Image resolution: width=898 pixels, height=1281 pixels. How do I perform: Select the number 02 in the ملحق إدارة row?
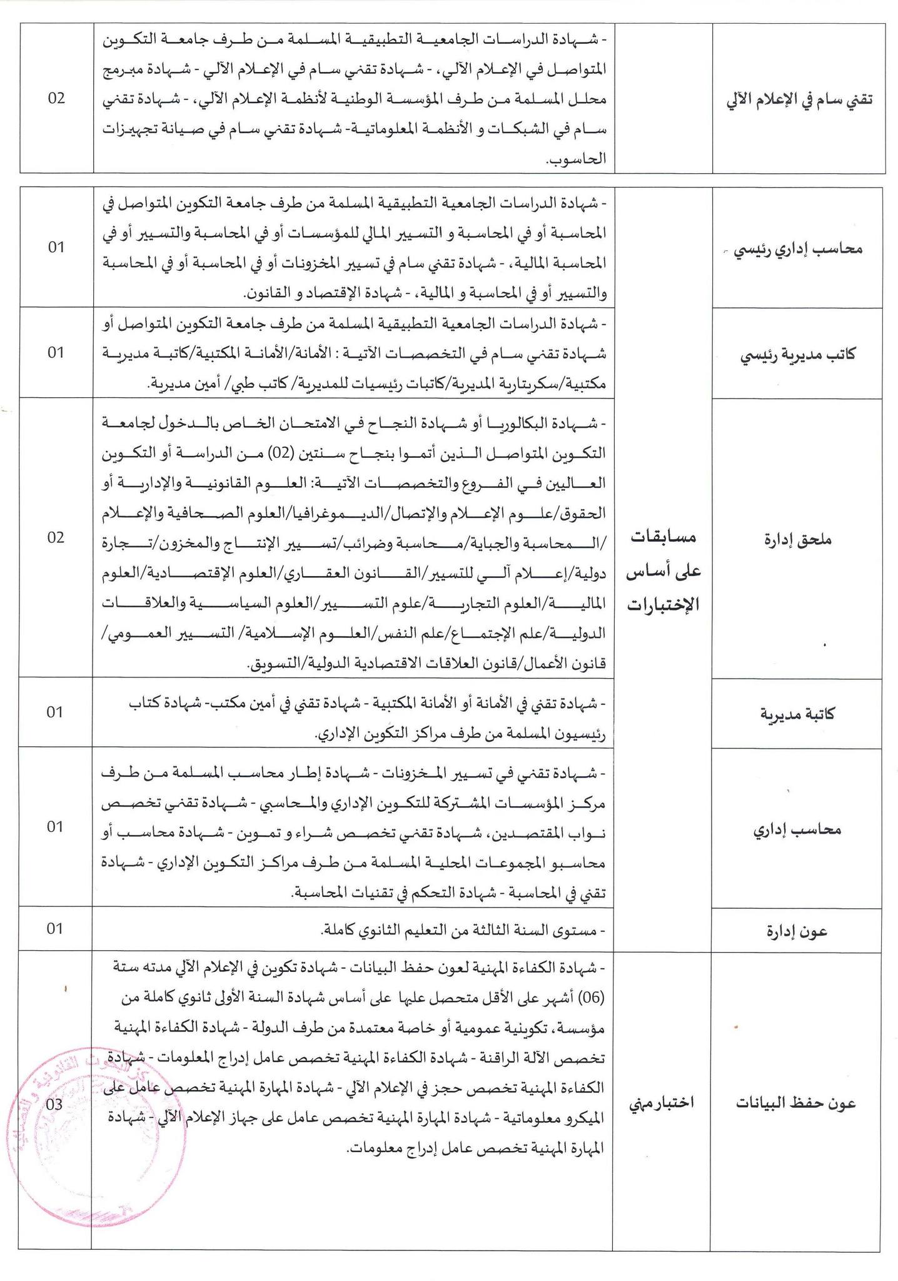click(x=56, y=537)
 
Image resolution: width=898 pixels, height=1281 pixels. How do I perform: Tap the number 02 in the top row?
click(x=56, y=98)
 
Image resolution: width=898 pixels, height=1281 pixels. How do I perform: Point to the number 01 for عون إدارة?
click(x=56, y=928)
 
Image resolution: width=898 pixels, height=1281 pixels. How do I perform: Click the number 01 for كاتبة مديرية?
click(x=56, y=712)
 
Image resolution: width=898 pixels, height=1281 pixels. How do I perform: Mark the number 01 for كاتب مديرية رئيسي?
click(x=56, y=352)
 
